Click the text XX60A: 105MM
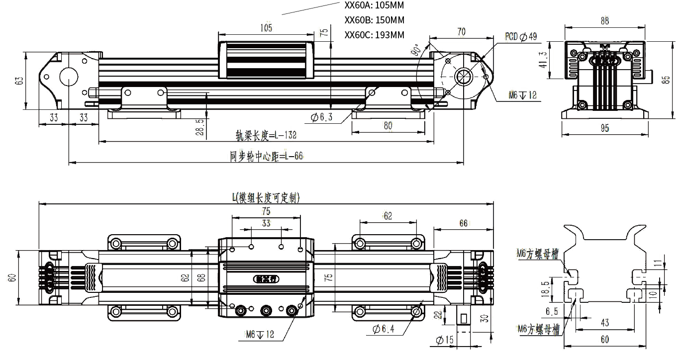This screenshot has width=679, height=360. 374,5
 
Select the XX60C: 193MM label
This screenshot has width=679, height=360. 374,35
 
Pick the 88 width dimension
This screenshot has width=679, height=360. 605,21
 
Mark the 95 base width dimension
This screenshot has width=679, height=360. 605,128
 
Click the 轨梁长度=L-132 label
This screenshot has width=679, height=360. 266,135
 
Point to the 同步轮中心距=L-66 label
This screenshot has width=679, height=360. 266,156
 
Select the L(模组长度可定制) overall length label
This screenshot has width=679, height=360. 266,197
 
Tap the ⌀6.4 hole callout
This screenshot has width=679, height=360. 387,329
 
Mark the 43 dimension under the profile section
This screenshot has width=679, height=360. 604,323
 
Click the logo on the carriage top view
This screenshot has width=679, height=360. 266,279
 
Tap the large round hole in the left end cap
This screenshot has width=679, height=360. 69,78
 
